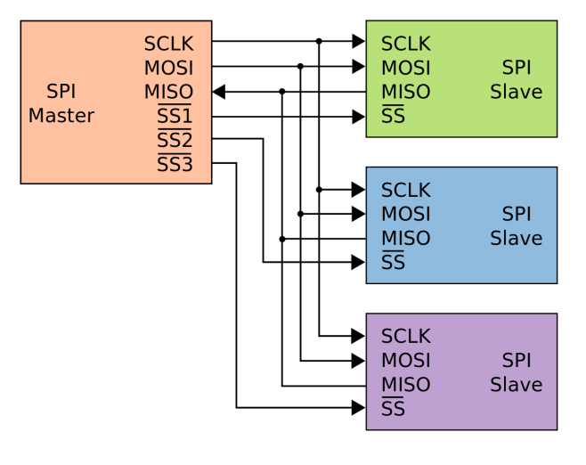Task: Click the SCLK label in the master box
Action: pos(168,44)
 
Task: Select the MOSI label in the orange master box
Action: pos(168,68)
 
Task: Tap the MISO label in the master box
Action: pos(168,92)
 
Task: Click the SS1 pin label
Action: pos(175,116)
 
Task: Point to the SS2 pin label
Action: pos(175,140)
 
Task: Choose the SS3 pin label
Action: pos(175,164)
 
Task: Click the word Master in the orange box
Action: pos(61,116)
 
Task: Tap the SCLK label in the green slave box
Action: pos(405,44)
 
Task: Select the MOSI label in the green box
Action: pos(405,68)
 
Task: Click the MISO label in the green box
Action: pos(405,92)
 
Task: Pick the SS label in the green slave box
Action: pos(393,116)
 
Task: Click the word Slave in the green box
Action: pos(516,92)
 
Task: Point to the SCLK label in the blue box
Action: pos(405,190)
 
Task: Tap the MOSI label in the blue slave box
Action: pos(405,214)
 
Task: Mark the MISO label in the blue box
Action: pos(405,238)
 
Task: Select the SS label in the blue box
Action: pos(393,262)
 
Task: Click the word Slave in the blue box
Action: pos(516,238)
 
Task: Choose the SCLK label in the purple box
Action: pos(405,336)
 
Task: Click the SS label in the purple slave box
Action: pos(393,408)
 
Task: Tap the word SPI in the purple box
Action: pos(517,360)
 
